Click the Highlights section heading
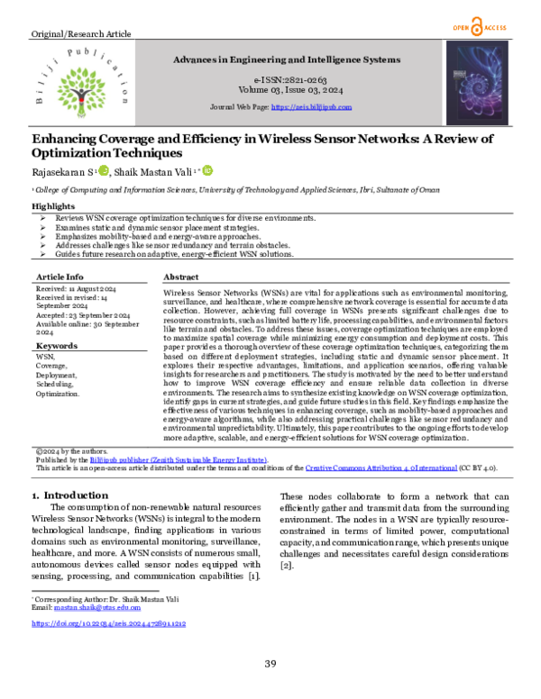click(53, 206)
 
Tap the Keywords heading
click(56, 346)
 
